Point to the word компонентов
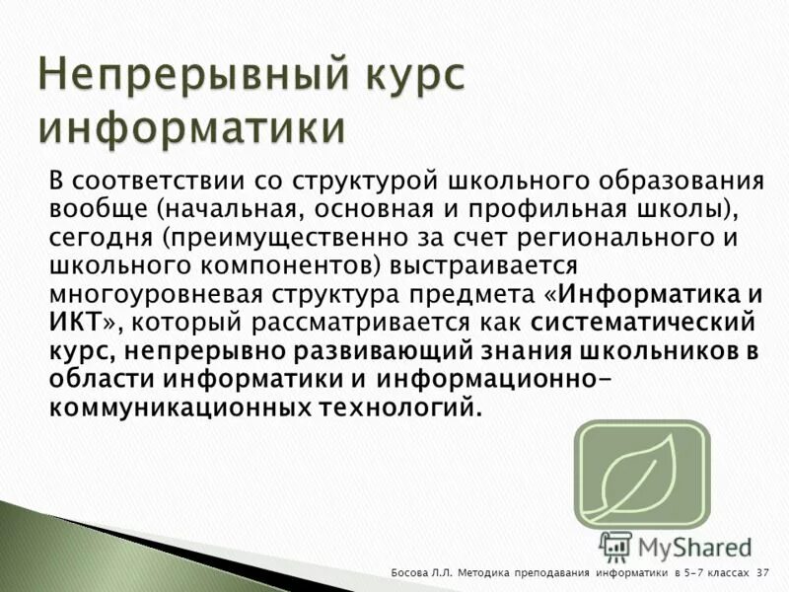tap(284, 265)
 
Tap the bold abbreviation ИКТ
tap(73, 322)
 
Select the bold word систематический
tap(642, 322)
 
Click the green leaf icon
tap(642, 475)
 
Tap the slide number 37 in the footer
tap(763, 573)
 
